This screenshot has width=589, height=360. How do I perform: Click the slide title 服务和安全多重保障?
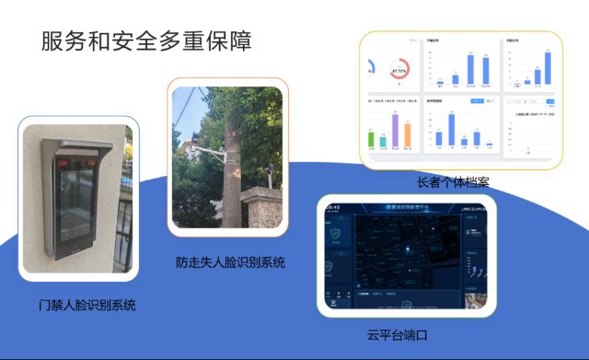tap(145, 41)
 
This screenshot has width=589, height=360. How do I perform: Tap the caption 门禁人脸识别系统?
tap(81, 305)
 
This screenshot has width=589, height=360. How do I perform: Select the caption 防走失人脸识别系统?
tap(230, 262)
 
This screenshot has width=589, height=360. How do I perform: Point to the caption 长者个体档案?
tap(452, 182)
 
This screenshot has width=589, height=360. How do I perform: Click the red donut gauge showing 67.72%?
tap(399, 70)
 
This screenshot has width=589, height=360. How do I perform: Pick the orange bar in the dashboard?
tap(407, 135)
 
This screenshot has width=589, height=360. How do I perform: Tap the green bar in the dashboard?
tap(372, 139)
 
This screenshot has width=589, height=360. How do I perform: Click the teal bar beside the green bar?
tap(383, 140)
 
